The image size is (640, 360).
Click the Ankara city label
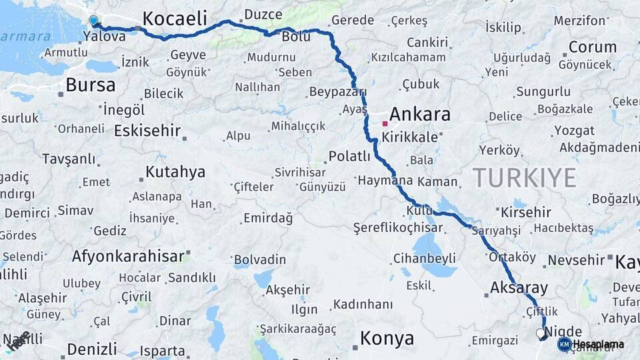[x=419, y=114]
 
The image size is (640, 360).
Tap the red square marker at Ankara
[x=385, y=123]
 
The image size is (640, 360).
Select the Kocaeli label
[x=175, y=18]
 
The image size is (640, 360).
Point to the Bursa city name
[x=90, y=85]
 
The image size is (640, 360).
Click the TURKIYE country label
[x=524, y=177]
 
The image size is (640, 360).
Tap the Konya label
[x=387, y=338]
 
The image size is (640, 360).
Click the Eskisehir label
[x=147, y=130]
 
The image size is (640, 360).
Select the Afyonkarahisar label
[x=128, y=256]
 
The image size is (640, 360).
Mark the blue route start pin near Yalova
[x=93, y=21]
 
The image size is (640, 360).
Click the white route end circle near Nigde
[x=540, y=332]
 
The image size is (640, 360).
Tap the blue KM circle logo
[x=564, y=344]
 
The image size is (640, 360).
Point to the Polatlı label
[x=349, y=157]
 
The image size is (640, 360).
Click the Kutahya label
[x=175, y=172]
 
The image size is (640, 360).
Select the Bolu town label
[x=296, y=37]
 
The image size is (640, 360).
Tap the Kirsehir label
[x=525, y=212]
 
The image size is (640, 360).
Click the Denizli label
[x=91, y=349]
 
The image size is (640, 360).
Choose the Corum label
[x=593, y=47]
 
